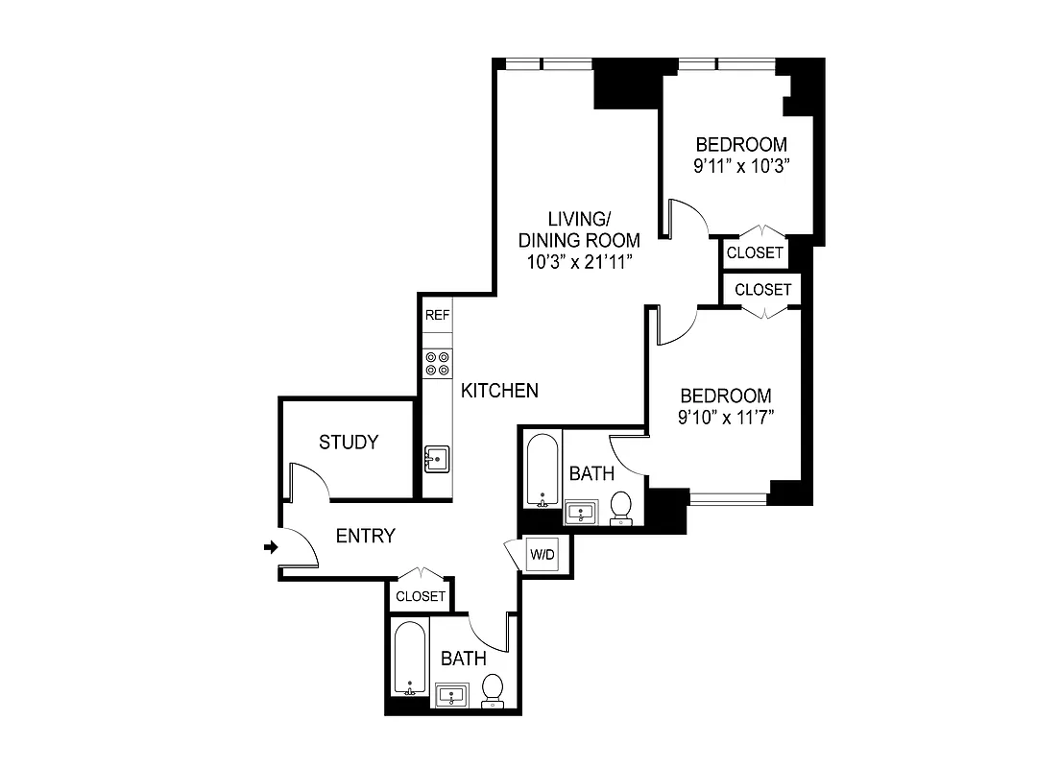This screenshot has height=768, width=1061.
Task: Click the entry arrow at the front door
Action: coord(271,547)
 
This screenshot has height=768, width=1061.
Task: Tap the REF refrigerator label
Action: coord(438,315)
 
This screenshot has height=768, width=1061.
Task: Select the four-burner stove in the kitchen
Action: coord(438,363)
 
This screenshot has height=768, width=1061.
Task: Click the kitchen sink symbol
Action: coord(437,459)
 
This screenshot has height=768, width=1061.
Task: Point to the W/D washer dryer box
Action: coord(541,554)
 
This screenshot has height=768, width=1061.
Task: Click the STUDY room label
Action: coord(349,443)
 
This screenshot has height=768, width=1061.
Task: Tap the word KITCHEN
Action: coord(499,391)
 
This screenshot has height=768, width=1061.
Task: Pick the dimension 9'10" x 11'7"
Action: coord(726,417)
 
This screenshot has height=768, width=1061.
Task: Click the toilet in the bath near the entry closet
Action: coord(493,689)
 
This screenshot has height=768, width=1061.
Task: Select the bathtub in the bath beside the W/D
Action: coord(543,470)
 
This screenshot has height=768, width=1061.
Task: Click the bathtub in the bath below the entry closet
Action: coord(410,659)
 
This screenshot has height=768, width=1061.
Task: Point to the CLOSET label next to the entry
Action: coord(421,596)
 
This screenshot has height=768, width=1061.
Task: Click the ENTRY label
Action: coord(365,537)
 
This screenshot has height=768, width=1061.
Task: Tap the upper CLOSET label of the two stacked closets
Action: coord(755,253)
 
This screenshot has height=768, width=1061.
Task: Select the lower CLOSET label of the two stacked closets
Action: coord(763,289)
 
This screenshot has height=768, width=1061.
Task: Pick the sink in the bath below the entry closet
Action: coord(450,694)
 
